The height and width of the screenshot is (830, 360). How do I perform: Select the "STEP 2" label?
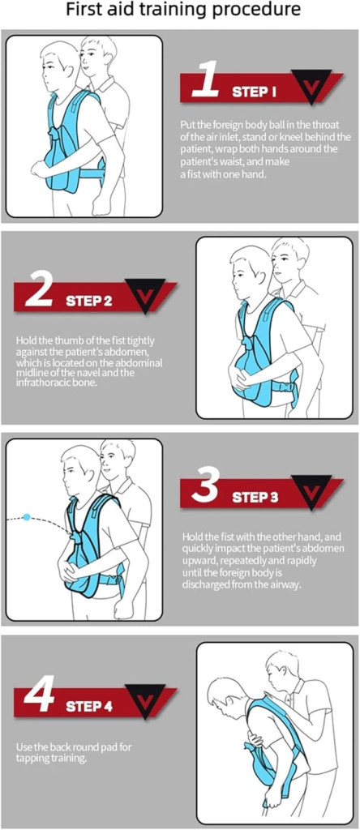coord(89,302)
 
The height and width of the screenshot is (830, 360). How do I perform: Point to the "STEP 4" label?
coord(89,706)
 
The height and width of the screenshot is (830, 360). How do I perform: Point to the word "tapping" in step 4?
coord(32,758)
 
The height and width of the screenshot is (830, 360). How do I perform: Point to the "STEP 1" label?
coord(254,92)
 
